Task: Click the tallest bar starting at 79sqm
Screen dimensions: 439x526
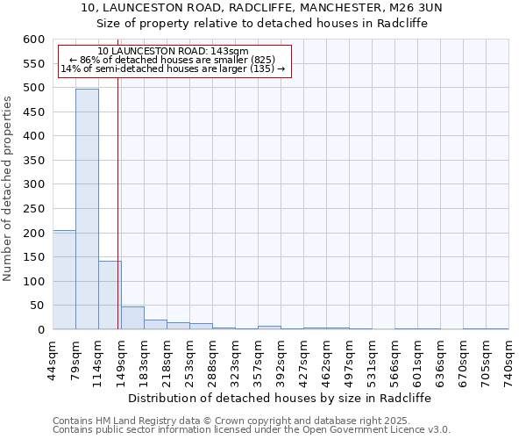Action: point(87,209)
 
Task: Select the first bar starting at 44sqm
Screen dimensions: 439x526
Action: point(64,279)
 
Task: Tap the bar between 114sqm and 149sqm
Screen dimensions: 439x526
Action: point(110,295)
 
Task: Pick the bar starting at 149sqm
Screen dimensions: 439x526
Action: point(132,318)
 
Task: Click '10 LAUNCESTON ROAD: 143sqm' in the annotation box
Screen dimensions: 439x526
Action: point(173,51)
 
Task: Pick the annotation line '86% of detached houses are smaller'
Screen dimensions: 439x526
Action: point(173,60)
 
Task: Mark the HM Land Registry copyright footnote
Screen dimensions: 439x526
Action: point(250,421)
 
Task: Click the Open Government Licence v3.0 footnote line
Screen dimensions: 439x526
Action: point(252,429)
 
